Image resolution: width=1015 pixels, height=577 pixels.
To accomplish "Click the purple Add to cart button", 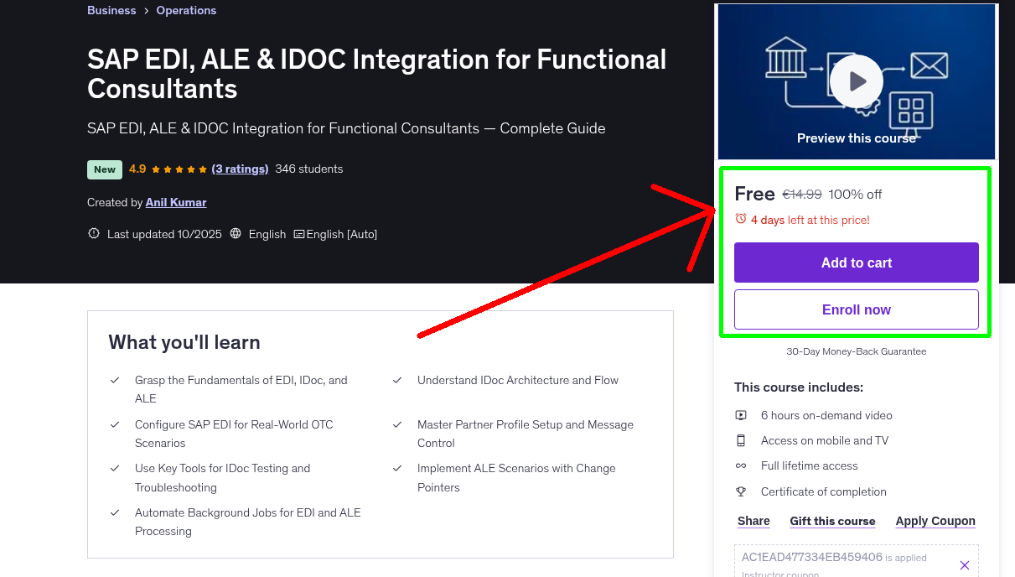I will (x=856, y=263).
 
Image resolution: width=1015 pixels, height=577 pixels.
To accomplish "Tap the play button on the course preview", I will (x=856, y=81).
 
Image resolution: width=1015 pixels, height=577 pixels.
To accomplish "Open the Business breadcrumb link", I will (x=111, y=11).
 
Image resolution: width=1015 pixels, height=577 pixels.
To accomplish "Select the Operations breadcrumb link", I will (x=186, y=11).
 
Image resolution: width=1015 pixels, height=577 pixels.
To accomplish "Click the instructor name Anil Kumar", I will (x=176, y=202).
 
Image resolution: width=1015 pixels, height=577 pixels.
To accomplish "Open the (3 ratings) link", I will (x=240, y=169).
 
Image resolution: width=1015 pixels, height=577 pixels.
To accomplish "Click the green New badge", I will (x=105, y=169).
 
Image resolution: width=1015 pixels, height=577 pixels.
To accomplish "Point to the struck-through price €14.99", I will (x=801, y=195).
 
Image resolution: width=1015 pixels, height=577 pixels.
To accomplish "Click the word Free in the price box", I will (x=754, y=194).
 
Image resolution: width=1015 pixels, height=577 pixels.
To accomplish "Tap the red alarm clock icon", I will (x=741, y=219).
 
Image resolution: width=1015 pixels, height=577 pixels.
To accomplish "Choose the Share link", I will (x=753, y=521).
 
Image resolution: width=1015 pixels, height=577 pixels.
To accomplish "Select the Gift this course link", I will (x=832, y=521).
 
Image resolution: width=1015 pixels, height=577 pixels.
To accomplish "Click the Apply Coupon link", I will (x=935, y=521).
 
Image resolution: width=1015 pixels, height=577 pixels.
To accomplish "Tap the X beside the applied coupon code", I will (x=964, y=565).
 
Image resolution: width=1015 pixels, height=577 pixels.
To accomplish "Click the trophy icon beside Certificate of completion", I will (x=741, y=491).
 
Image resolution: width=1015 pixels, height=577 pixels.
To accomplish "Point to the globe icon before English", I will (x=236, y=234).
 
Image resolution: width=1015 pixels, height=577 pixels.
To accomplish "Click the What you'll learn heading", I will (x=184, y=342).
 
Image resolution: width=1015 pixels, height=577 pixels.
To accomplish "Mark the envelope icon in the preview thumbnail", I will (x=929, y=65).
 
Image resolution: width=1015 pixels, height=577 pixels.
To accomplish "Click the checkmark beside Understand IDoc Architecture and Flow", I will (x=397, y=380).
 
